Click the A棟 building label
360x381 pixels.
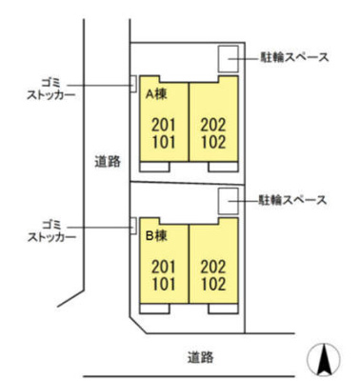tap(157, 95)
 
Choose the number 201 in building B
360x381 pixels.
tap(164, 265)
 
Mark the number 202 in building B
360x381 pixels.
tap(213, 266)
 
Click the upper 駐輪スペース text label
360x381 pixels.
tap(294, 57)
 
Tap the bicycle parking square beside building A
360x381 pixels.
tap(230, 58)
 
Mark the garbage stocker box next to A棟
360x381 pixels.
tap(132, 85)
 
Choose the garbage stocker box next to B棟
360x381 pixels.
tap(132, 225)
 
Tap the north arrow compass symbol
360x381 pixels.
tap(324, 360)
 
